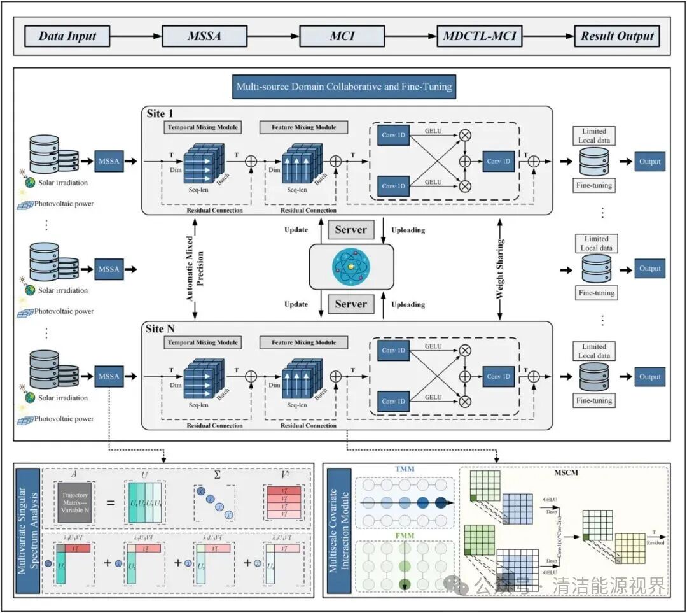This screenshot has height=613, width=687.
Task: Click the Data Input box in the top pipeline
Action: pos(66,36)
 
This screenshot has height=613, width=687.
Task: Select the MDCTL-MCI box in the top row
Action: pos(479,36)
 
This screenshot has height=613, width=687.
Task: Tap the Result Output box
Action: pos(616,36)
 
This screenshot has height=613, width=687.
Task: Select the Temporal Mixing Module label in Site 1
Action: pos(202,127)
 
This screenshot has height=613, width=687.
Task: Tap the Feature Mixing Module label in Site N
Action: pos(304,342)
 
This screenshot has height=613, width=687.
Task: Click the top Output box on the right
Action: pos(649,162)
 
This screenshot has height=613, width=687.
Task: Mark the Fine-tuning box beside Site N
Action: pos(595,400)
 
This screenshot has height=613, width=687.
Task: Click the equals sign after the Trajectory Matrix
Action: pos(110,503)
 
